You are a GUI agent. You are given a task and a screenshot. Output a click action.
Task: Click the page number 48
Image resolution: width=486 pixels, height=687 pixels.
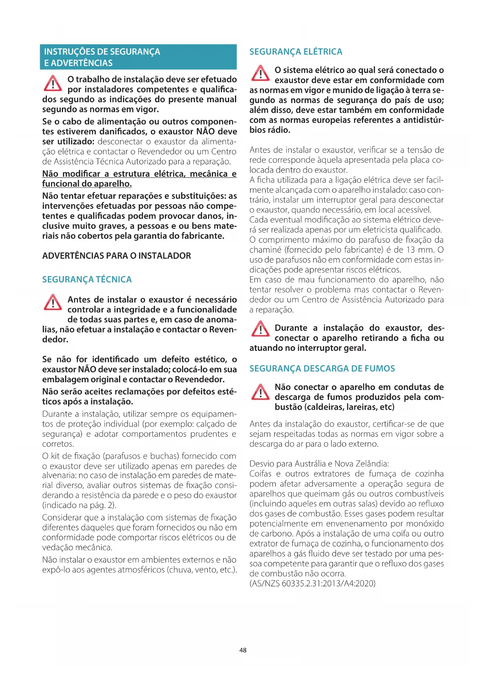[x=243, y=650]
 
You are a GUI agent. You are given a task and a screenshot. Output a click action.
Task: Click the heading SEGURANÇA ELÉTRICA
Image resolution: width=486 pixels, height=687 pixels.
[x=296, y=52]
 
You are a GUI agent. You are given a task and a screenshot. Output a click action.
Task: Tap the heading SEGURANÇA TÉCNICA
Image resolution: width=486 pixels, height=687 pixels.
[x=87, y=280]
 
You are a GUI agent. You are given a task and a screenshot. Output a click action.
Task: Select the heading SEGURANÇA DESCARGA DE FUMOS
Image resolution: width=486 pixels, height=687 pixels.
[x=322, y=369]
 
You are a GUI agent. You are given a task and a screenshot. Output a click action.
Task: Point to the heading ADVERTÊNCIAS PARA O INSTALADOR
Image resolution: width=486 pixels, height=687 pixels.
[x=117, y=256]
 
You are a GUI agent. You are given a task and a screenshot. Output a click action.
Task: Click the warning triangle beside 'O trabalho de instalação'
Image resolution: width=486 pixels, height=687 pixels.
[x=53, y=83]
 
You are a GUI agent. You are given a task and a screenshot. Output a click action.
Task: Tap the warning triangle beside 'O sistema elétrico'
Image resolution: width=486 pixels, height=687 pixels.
[x=260, y=73]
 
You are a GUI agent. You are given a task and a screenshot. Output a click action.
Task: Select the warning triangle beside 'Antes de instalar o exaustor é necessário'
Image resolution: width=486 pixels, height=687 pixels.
[x=53, y=302]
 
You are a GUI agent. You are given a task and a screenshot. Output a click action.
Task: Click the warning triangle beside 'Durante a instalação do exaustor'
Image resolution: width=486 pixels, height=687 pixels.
[x=260, y=329]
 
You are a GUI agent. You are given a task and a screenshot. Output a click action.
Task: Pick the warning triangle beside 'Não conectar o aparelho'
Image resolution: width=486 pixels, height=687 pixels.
[x=260, y=392]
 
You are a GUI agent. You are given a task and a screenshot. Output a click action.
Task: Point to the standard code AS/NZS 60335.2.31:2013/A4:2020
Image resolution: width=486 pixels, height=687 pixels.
[x=313, y=584]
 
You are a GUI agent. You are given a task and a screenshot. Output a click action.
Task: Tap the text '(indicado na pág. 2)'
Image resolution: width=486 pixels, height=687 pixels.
[x=79, y=505]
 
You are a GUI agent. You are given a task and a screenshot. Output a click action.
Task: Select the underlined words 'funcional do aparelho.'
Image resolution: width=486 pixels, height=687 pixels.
[x=87, y=184]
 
